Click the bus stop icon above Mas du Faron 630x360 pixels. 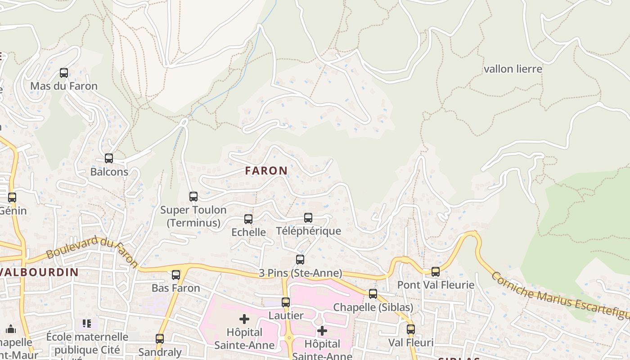(x=64, y=72)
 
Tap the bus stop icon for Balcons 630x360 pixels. (x=109, y=158)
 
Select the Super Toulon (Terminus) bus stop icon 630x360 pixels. (x=193, y=196)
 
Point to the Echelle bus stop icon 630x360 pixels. (x=248, y=219)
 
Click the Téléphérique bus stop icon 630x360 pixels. (x=308, y=218)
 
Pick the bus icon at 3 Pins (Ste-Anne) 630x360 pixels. (x=300, y=259)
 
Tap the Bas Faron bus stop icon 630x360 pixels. (x=176, y=274)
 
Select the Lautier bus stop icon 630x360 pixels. (x=286, y=302)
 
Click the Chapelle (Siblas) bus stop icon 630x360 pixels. (x=373, y=294)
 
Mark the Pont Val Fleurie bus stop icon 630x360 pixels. (x=436, y=271)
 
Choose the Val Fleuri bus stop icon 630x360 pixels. (x=411, y=329)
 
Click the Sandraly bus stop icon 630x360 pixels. (x=160, y=339)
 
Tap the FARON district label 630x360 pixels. (x=266, y=171)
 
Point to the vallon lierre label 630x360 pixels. (x=513, y=69)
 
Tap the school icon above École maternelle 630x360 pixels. (x=87, y=323)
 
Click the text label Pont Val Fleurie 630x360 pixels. (x=436, y=285)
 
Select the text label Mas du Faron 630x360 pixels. (x=64, y=86)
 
